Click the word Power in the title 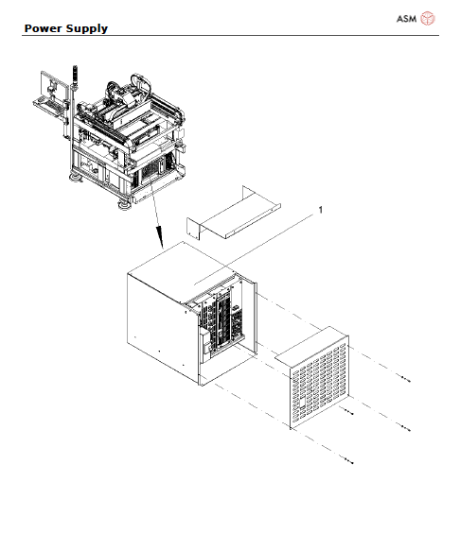(43, 28)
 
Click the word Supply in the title (87, 29)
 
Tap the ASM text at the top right (406, 18)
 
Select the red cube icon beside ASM (428, 18)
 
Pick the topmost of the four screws (406, 377)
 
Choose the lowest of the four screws (351, 462)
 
